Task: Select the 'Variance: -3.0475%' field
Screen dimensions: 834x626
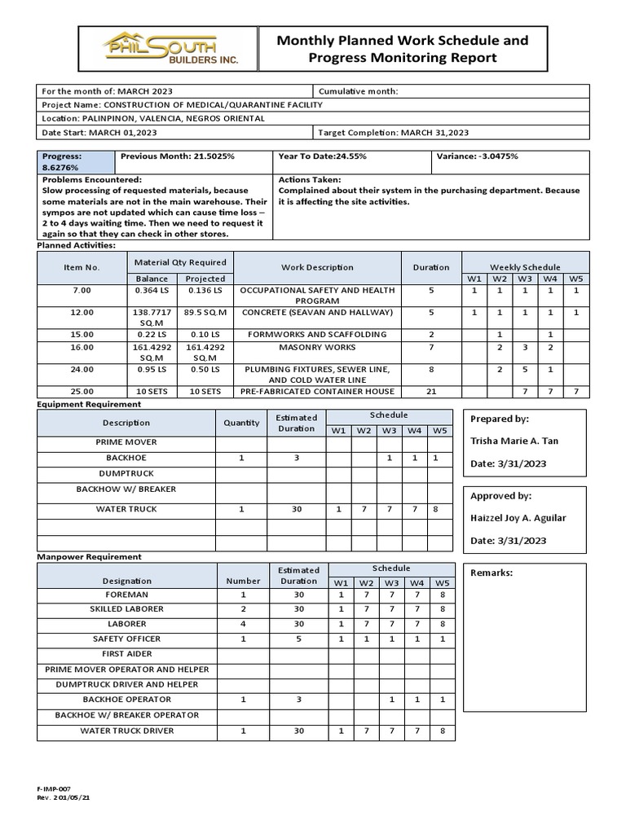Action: [x=478, y=157]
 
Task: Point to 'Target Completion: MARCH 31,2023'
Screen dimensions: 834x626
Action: [x=393, y=132]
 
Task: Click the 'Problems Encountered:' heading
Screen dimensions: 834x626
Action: [x=92, y=179]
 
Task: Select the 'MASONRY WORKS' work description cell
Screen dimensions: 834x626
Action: [x=317, y=348]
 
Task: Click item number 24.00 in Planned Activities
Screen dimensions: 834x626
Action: [x=82, y=369]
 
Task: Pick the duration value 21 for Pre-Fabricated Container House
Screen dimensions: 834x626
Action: [x=431, y=391]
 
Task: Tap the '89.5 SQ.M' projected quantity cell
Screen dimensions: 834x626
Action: [x=205, y=312]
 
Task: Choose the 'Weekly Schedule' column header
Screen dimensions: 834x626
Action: [x=524, y=267]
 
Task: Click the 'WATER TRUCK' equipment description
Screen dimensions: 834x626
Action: [x=126, y=509]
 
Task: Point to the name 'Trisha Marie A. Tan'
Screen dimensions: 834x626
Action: [x=514, y=441]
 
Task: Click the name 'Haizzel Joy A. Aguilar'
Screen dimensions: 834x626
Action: [x=518, y=518]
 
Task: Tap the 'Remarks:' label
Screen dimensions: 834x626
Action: [x=492, y=573]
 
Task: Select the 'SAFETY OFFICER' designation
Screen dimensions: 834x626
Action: [x=126, y=639]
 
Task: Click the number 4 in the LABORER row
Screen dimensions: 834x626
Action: [x=243, y=624]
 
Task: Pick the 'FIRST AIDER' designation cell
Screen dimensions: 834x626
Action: [x=126, y=654]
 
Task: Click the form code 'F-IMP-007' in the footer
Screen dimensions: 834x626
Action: [x=54, y=790]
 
